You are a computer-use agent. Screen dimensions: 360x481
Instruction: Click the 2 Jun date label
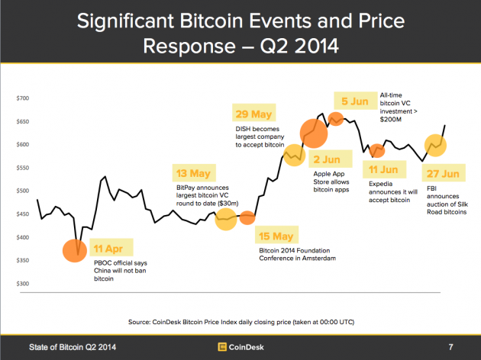[328, 160]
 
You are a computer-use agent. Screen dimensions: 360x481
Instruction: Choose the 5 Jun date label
[356, 101]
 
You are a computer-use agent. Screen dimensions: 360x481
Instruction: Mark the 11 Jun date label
[383, 169]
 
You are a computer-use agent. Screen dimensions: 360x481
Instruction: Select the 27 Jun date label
[444, 174]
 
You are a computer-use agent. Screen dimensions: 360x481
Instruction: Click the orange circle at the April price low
[74, 250]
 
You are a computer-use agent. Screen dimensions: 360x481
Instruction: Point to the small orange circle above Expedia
[377, 150]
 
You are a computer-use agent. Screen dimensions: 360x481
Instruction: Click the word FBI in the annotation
[432, 188]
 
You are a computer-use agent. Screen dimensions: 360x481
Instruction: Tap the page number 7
[451, 347]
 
